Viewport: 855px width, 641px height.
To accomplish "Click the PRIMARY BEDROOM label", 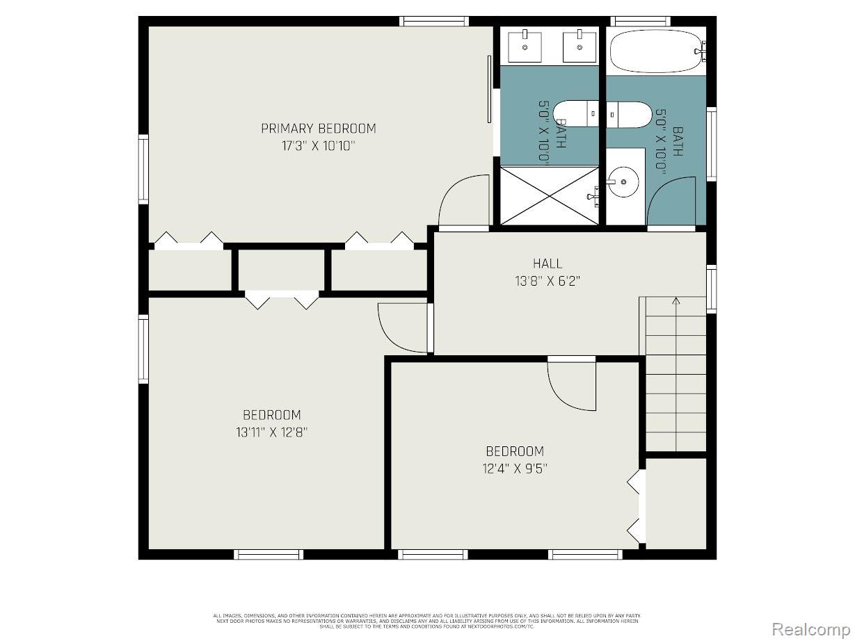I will click(x=318, y=129).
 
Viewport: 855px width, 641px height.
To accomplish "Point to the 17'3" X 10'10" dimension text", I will click(x=318, y=146).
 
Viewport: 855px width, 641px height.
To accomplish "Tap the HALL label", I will click(x=548, y=263).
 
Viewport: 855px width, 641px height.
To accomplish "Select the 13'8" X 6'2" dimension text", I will click(x=547, y=281).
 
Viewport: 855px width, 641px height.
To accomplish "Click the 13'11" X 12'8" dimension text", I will click(x=271, y=432).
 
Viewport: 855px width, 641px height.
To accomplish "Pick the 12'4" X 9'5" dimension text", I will click(x=515, y=469).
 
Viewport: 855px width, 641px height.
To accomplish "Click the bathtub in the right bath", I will click(x=656, y=51).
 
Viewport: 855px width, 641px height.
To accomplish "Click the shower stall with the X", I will click(x=550, y=195).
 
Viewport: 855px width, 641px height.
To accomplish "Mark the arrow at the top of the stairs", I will click(x=676, y=302).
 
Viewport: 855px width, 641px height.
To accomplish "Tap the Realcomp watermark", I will click(x=813, y=629).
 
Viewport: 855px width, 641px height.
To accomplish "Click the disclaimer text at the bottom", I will click(x=427, y=621).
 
